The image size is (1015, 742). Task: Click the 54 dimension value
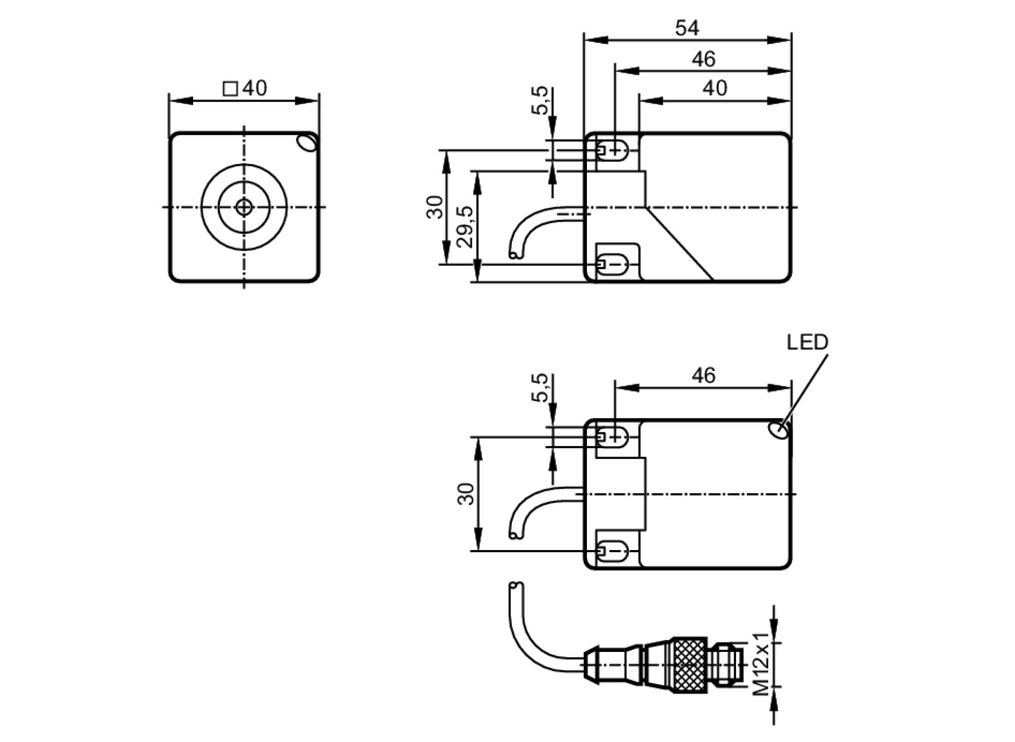[687, 28]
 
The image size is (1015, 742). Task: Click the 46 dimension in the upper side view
[703, 59]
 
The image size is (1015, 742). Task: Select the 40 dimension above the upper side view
[715, 89]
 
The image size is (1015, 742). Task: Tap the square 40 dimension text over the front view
[246, 89]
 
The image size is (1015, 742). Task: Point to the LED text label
[807, 343]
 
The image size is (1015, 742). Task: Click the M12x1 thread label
[761, 664]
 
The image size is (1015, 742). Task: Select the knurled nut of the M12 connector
[690, 664]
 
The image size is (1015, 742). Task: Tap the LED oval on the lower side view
[779, 430]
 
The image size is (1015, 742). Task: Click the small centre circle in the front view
[244, 207]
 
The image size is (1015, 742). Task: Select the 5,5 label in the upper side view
[540, 100]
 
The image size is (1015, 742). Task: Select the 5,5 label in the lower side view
[540, 387]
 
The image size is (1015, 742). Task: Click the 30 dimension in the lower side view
[466, 494]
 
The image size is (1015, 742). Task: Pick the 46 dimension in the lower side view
[703, 376]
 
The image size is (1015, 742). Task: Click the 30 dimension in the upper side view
[435, 207]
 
